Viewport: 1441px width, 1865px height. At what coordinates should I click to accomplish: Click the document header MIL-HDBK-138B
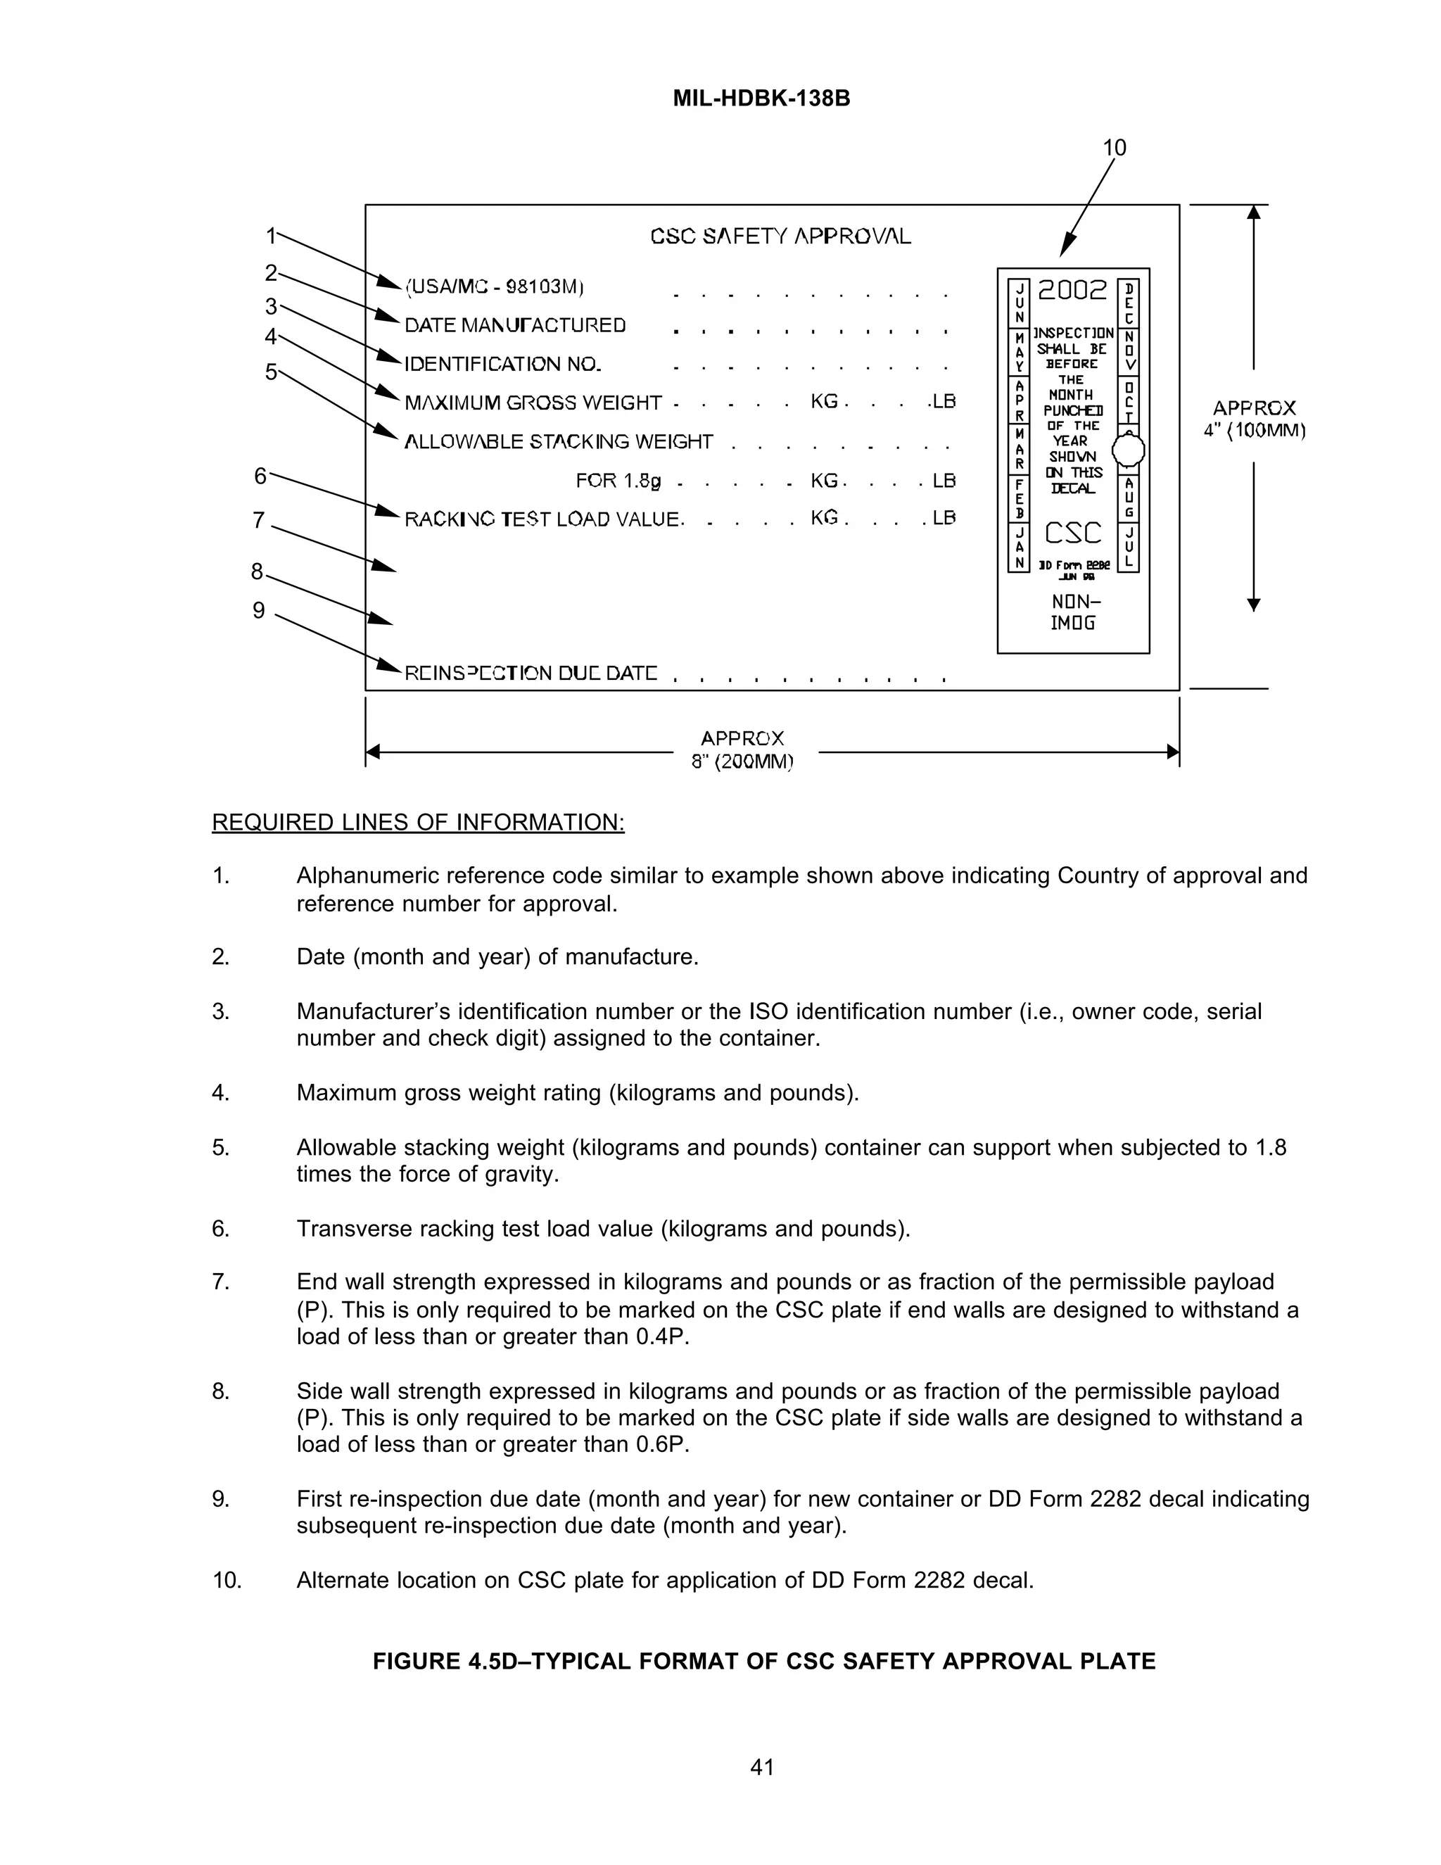point(761,99)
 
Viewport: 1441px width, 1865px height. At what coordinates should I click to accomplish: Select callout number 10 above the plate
point(1114,148)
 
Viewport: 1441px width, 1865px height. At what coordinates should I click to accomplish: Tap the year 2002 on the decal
point(1072,291)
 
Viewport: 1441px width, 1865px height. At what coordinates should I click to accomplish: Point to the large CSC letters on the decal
point(1073,533)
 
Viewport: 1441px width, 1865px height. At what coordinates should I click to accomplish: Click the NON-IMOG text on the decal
point(1073,613)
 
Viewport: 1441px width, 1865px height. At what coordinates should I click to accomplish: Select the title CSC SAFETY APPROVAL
point(780,236)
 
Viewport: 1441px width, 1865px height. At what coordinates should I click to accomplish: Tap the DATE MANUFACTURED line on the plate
point(515,325)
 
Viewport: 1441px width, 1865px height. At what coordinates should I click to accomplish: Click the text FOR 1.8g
point(618,481)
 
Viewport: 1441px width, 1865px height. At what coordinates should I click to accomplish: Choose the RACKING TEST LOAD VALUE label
point(543,519)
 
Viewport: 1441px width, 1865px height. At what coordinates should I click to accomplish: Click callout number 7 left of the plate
point(259,520)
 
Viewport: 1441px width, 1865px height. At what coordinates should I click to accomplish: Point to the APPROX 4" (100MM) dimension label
point(1254,419)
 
